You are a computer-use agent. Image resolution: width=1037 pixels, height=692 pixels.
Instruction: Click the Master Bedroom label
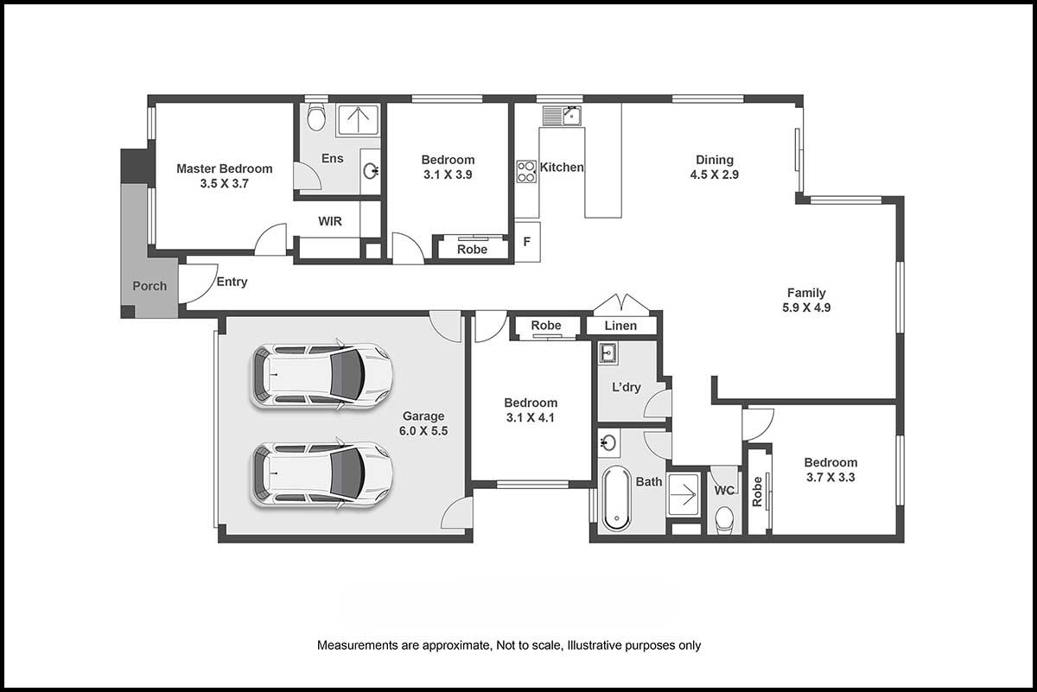(x=224, y=168)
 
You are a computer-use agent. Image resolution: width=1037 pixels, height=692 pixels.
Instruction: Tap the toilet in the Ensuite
(x=316, y=117)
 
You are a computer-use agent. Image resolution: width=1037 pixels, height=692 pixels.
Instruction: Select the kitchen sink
(x=562, y=116)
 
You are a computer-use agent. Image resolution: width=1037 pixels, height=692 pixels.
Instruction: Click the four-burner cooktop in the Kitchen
(x=526, y=172)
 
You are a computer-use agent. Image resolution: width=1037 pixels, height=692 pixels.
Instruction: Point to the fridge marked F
(x=527, y=242)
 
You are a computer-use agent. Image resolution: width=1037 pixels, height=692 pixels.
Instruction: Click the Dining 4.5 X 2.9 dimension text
(x=715, y=175)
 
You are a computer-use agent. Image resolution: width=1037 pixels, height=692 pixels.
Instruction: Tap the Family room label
(x=806, y=293)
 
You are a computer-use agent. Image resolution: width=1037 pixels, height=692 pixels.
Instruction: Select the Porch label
(x=150, y=286)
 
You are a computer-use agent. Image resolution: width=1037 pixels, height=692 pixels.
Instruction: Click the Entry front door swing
(x=198, y=283)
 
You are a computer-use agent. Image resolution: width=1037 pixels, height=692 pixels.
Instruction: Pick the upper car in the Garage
(x=321, y=375)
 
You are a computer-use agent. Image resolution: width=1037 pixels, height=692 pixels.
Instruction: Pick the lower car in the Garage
(x=321, y=474)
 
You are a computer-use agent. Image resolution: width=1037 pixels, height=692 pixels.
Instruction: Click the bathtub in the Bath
(x=617, y=498)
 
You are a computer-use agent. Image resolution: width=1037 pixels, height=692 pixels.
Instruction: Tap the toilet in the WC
(x=724, y=520)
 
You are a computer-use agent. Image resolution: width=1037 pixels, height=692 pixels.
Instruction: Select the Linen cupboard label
(x=620, y=326)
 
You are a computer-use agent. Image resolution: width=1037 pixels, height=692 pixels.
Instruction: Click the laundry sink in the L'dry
(x=608, y=353)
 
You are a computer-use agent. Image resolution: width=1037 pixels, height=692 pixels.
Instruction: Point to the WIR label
(x=330, y=221)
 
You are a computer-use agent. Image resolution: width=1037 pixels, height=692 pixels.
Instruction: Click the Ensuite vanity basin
(x=371, y=171)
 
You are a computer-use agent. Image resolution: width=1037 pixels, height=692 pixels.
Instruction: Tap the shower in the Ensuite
(x=358, y=119)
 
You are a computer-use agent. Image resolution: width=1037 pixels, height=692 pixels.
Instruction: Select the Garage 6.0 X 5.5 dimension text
(x=423, y=431)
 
